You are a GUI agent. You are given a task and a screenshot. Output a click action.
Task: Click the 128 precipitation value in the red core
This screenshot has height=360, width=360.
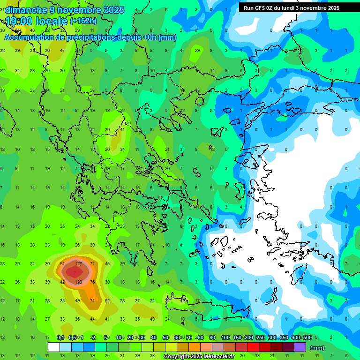pyautogui.click(x=78, y=264)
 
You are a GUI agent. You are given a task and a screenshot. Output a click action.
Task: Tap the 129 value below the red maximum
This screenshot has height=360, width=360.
pyautogui.click(x=78, y=282)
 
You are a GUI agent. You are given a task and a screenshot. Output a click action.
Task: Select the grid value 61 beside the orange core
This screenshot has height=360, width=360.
pyautogui.click(x=62, y=264)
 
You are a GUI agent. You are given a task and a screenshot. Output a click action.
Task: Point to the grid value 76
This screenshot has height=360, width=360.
pyautogui.click(x=92, y=282)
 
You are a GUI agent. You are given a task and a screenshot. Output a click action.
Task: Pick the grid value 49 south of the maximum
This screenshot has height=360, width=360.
pyautogui.click(x=78, y=300)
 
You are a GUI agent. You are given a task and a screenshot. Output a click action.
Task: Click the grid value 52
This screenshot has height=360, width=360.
pyautogui.click(x=108, y=300)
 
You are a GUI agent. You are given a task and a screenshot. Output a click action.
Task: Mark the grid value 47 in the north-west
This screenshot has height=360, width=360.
pyautogui.click(x=62, y=50)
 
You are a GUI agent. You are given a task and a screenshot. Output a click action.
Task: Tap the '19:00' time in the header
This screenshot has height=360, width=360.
pyautogui.click(x=19, y=21)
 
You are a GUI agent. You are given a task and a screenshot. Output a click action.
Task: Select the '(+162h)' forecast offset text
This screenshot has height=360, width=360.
pyautogui.click(x=83, y=21)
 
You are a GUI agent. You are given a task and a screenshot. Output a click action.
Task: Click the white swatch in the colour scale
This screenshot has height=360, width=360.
pyautogui.click(x=54, y=347)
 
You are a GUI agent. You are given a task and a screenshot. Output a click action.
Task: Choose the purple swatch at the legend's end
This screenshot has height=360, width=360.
pyautogui.click(x=300, y=347)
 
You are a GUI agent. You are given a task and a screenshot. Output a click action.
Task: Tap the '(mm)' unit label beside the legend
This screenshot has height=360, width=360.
pyautogui.click(x=317, y=348)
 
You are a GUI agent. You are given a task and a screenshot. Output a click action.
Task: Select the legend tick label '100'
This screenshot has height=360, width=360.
pyautogui.click(x=225, y=337)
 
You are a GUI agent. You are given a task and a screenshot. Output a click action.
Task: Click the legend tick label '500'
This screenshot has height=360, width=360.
pyautogui.click(x=307, y=337)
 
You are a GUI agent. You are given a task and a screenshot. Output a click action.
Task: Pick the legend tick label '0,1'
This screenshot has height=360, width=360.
pyautogui.click(x=60, y=337)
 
